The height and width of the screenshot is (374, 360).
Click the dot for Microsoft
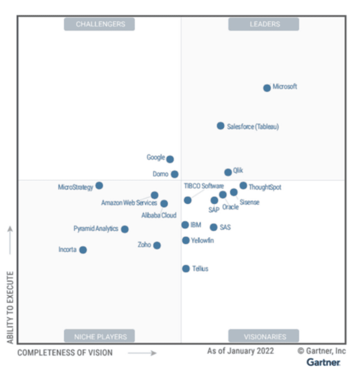267,88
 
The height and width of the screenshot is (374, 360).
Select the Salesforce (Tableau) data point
221,126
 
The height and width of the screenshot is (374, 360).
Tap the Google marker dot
170,159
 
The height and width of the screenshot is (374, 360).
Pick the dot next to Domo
174,174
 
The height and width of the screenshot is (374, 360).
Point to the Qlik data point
228,172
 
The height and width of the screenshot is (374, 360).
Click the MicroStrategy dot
99,185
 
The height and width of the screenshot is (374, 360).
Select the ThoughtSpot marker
243,185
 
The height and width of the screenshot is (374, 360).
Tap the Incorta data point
83,250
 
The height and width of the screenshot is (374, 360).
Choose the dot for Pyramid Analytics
125,229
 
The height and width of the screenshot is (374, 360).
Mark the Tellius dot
186,269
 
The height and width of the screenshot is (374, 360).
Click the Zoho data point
157,245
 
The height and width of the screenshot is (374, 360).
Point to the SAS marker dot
213,227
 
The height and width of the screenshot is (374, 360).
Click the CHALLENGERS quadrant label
99,25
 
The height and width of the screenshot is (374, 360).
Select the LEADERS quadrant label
264,25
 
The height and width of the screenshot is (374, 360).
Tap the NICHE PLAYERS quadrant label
99,336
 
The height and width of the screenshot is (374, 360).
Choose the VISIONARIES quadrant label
264,336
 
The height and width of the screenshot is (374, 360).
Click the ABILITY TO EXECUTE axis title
10,308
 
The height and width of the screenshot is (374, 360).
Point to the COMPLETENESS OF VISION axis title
65,353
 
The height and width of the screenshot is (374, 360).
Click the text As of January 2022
240,351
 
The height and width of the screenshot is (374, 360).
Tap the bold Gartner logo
323,362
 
